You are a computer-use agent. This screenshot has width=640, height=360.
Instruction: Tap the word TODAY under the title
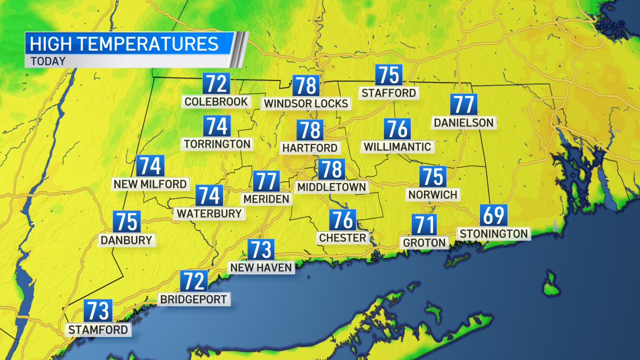pyautogui.click(x=49, y=61)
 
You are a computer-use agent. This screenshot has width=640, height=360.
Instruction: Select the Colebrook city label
pyautogui.click(x=215, y=101)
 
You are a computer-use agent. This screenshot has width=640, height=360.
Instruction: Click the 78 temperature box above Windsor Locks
pyautogui.click(x=306, y=85)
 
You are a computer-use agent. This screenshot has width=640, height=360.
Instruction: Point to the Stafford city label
pyautogui.click(x=388, y=93)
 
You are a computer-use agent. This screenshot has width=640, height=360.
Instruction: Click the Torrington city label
pyautogui.click(x=217, y=143)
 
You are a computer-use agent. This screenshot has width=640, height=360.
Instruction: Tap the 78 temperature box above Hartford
pyautogui.click(x=310, y=130)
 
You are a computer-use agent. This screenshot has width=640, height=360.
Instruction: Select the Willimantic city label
pyautogui.click(x=397, y=146)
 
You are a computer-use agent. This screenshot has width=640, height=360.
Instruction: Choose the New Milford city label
pyautogui.click(x=150, y=184)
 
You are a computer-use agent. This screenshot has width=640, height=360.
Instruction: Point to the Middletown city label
pyautogui.click(x=332, y=187)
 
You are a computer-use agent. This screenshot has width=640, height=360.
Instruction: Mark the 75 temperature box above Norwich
pyautogui.click(x=433, y=177)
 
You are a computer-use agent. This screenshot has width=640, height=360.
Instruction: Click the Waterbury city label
pyautogui.click(x=209, y=213)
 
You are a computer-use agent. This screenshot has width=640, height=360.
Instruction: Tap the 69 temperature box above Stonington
pyautogui.click(x=494, y=215)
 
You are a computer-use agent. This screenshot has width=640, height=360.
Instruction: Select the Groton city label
pyautogui.click(x=425, y=243)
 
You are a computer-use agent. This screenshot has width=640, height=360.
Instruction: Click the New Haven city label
pyautogui.click(x=261, y=267)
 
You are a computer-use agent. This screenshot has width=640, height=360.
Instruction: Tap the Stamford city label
pyautogui.click(x=99, y=330)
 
